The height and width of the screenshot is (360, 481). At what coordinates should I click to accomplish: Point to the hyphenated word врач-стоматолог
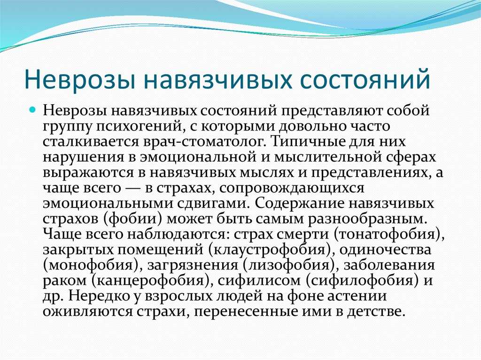[x=203, y=142]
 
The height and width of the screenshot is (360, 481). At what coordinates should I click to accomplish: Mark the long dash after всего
[x=132, y=188]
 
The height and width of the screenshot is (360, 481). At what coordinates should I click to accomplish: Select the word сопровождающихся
[x=291, y=188]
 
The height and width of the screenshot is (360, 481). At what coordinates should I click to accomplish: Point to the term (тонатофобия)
[x=387, y=235]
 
